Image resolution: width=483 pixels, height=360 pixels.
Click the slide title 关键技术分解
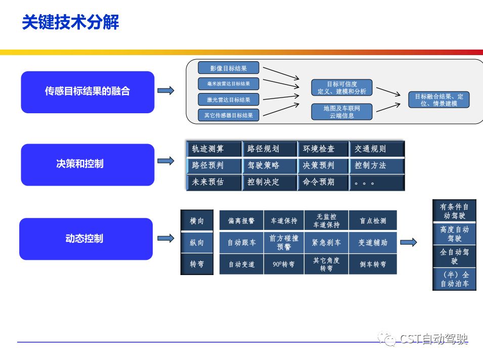[70, 23]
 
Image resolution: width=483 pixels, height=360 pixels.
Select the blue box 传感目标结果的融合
[87, 92]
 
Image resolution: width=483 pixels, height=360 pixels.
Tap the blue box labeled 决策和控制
[87, 164]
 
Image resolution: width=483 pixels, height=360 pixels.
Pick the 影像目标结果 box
[228, 68]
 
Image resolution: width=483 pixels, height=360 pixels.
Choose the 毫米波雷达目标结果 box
[228, 83]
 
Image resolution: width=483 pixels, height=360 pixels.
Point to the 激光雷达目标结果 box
[228, 100]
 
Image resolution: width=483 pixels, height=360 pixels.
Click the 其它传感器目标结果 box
[228, 115]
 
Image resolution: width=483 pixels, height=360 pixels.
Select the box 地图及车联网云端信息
[342, 112]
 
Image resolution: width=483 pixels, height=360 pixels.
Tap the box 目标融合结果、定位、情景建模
[438, 100]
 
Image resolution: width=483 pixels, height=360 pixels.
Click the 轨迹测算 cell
[213, 149]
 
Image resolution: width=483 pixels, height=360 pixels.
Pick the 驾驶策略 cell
[269, 165]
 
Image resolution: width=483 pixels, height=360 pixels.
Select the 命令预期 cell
[323, 182]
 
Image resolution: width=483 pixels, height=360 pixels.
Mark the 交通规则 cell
[376, 149]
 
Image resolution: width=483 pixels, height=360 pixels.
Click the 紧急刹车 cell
[326, 243]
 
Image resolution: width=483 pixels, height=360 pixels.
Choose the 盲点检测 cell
[373, 221]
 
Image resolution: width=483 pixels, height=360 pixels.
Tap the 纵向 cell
[197, 243]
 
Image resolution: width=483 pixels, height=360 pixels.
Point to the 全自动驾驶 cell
[454, 256]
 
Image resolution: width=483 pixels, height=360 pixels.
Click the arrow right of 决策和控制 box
[166, 161]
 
